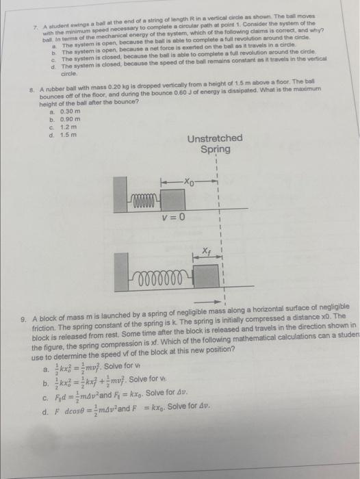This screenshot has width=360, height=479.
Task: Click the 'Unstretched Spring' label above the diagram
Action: click(x=214, y=143)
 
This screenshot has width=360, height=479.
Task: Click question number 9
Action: click(x=25, y=319)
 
